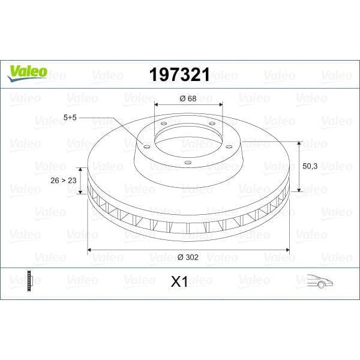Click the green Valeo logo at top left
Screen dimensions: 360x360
pyautogui.click(x=26, y=72)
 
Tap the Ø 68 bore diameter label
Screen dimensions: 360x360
pyautogui.click(x=188, y=98)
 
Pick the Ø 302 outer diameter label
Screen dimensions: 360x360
pyautogui.click(x=188, y=257)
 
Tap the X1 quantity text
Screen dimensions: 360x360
pyautogui.click(x=179, y=281)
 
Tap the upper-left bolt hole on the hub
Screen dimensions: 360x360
pyautogui.click(x=163, y=124)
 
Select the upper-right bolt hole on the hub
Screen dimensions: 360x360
pyautogui.click(x=211, y=123)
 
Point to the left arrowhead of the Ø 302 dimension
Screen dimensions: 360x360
pyautogui.click(x=91, y=249)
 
